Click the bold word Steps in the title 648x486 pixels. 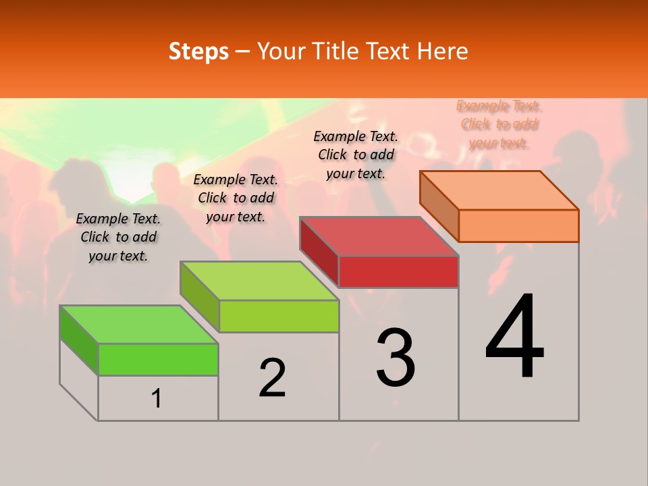pyautogui.click(x=198, y=51)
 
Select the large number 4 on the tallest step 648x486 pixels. pyautogui.click(x=514, y=337)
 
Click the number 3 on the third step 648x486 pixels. pyautogui.click(x=396, y=357)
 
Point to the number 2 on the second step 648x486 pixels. pyautogui.click(x=273, y=378)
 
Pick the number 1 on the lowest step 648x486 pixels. pyautogui.click(x=157, y=399)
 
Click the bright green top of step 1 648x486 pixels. pyautogui.click(x=139, y=324)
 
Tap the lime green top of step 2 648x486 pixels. pyautogui.click(x=259, y=281)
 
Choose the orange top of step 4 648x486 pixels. pyautogui.click(x=500, y=190)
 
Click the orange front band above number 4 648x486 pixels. pyautogui.click(x=518, y=225)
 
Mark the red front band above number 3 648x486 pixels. pyautogui.click(x=398, y=271)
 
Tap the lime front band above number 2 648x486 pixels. pyautogui.click(x=279, y=316)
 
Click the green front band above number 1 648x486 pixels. pyautogui.click(x=158, y=359)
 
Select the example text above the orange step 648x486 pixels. pyautogui.click(x=499, y=124)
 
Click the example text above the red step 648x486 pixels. pyautogui.click(x=356, y=155)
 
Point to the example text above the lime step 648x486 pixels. pyautogui.click(x=236, y=198)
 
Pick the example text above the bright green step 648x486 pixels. pyautogui.click(x=118, y=237)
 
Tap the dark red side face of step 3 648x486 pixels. pyautogui.click(x=319, y=251)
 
